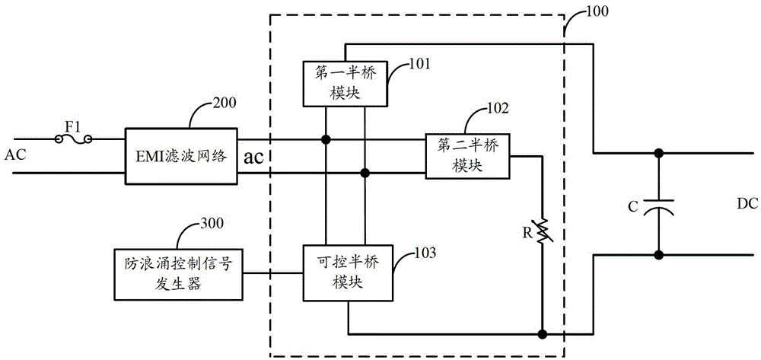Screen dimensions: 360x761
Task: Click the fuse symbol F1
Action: [74, 139]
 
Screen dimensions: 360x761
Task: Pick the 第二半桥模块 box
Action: [466, 156]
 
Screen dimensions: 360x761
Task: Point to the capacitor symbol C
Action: [658, 204]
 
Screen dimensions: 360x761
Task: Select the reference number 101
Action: [419, 64]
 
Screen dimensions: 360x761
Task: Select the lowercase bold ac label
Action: [255, 158]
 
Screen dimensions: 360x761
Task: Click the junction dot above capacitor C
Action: [658, 153]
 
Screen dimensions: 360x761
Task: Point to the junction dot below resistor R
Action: [542, 334]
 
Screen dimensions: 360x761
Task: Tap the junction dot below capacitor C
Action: [658, 255]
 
